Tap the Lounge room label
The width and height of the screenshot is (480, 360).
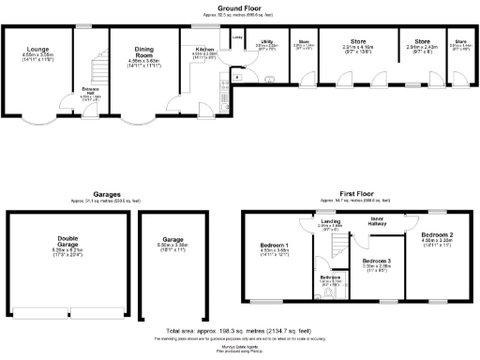pyautogui.click(x=37, y=52)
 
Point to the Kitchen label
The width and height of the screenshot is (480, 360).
pyautogui.click(x=204, y=49)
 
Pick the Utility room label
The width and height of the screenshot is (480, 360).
pyautogui.click(x=267, y=42)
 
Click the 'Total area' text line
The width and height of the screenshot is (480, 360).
pyautogui.click(x=240, y=332)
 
